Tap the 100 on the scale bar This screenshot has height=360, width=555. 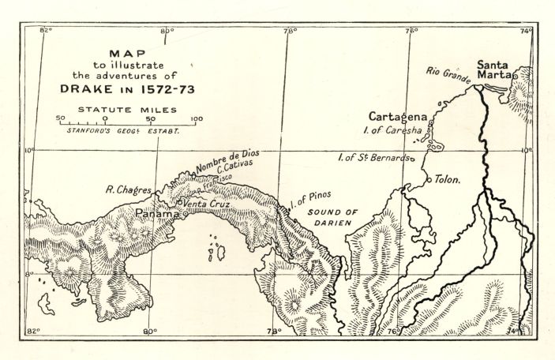pos(197,119)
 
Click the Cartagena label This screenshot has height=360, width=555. pos(399,116)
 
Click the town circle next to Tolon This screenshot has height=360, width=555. pos(429,179)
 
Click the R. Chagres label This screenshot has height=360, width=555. pos(129,189)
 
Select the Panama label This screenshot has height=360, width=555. pos(155,214)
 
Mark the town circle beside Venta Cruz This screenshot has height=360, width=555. pos(180,204)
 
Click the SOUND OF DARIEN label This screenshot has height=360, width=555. pos(332,217)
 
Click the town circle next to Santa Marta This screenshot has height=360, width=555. pos(515,74)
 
